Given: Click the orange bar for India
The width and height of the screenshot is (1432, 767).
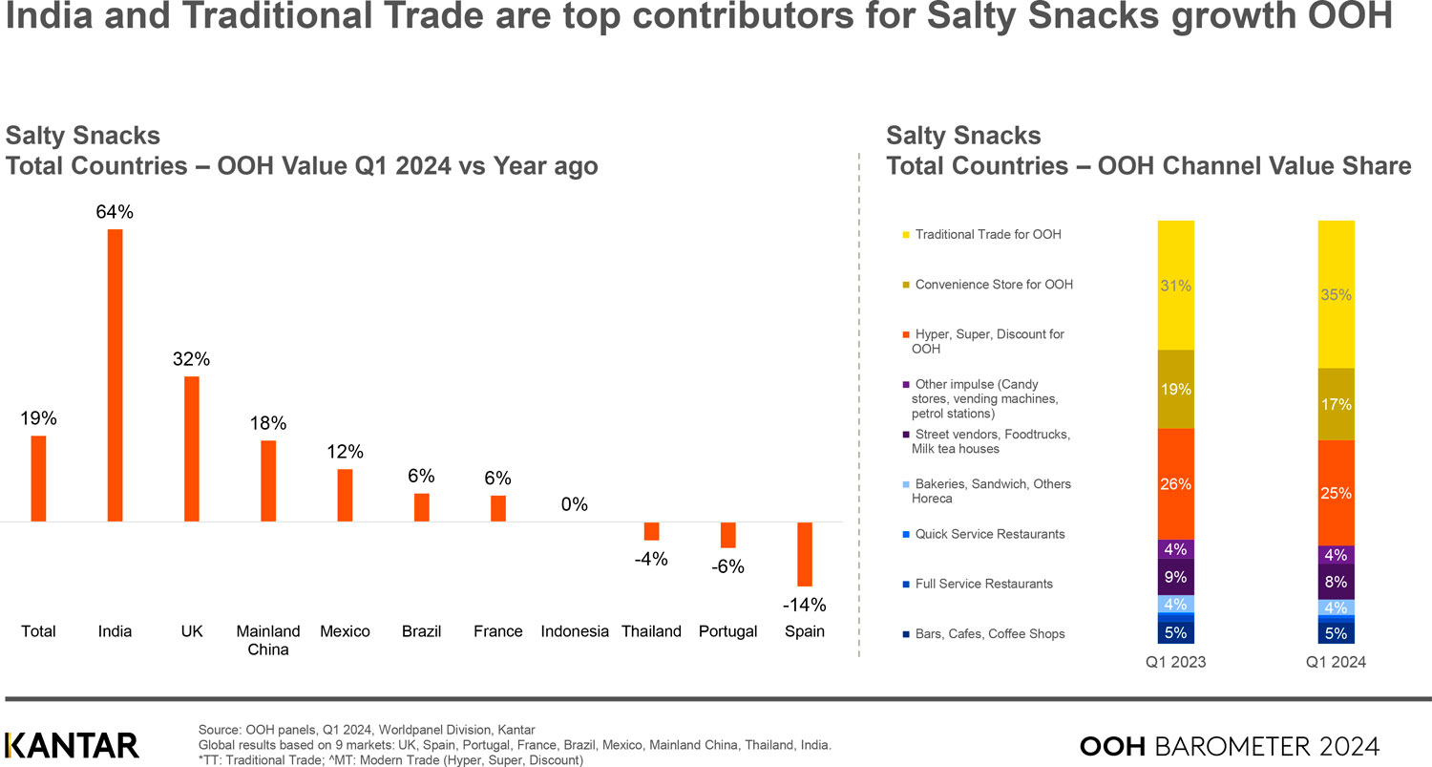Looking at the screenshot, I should (115, 375).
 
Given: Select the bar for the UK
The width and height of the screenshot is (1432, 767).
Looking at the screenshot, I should (192, 449).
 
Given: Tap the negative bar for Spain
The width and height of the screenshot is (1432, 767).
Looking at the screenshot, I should (805, 554).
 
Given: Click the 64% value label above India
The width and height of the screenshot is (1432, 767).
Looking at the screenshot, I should (115, 213).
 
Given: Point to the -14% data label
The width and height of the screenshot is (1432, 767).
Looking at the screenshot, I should (804, 606).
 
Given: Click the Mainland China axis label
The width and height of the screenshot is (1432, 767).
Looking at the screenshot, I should (268, 640).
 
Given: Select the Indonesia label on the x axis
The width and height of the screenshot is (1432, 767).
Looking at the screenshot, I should (575, 631).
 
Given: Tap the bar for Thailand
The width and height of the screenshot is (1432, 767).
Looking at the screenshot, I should (652, 531).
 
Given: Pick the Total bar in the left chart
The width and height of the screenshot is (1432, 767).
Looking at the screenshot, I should (38, 479).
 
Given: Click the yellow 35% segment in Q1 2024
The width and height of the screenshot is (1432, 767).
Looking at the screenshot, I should (1336, 294).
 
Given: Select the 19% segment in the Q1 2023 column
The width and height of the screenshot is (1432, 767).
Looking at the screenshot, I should (1175, 389).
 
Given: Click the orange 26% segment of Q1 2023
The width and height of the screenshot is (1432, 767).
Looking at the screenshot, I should (1175, 484).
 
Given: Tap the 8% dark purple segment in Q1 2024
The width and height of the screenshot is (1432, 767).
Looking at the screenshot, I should (1336, 581).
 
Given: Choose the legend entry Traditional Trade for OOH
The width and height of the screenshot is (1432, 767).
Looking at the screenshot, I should (987, 234).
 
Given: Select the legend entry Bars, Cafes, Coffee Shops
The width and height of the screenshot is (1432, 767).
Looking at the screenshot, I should (989, 634).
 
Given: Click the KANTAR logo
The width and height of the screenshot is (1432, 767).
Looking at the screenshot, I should (73, 745).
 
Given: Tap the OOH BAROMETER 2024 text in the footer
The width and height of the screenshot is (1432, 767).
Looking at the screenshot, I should (1229, 745).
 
